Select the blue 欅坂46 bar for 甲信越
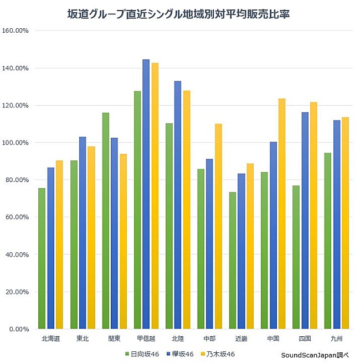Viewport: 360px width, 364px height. (146, 194)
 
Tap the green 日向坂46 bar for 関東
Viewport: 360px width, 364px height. (105, 221)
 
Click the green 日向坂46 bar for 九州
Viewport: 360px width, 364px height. (327, 241)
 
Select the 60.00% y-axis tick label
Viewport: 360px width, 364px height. (17, 217)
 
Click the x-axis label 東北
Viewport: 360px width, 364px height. (82, 339)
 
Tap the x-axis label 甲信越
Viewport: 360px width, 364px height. (146, 339)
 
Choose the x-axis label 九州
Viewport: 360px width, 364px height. (336, 339)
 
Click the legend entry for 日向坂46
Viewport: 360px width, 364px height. (143, 353)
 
